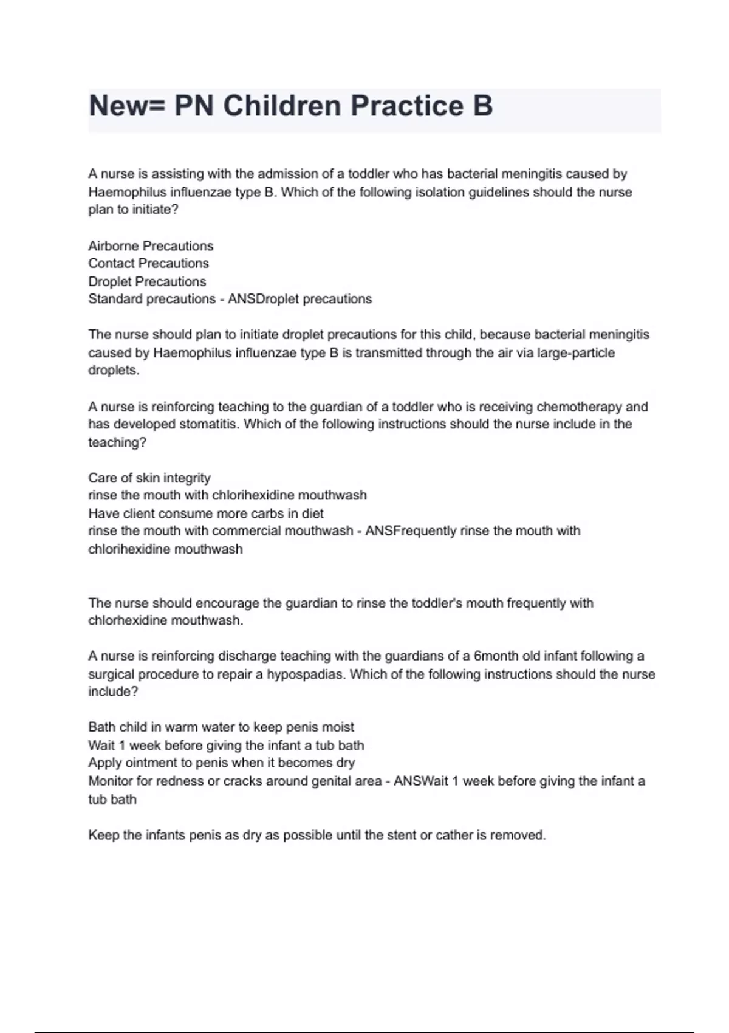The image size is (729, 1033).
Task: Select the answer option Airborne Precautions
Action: tap(151, 246)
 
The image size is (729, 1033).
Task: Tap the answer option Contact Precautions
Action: tap(148, 264)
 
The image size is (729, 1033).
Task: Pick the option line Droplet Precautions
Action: tap(147, 282)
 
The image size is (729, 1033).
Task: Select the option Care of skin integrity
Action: tap(149, 478)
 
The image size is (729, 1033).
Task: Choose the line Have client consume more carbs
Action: tap(205, 513)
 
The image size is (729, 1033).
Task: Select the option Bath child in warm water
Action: tap(221, 727)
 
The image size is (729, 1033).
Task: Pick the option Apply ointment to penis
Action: tap(221, 763)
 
